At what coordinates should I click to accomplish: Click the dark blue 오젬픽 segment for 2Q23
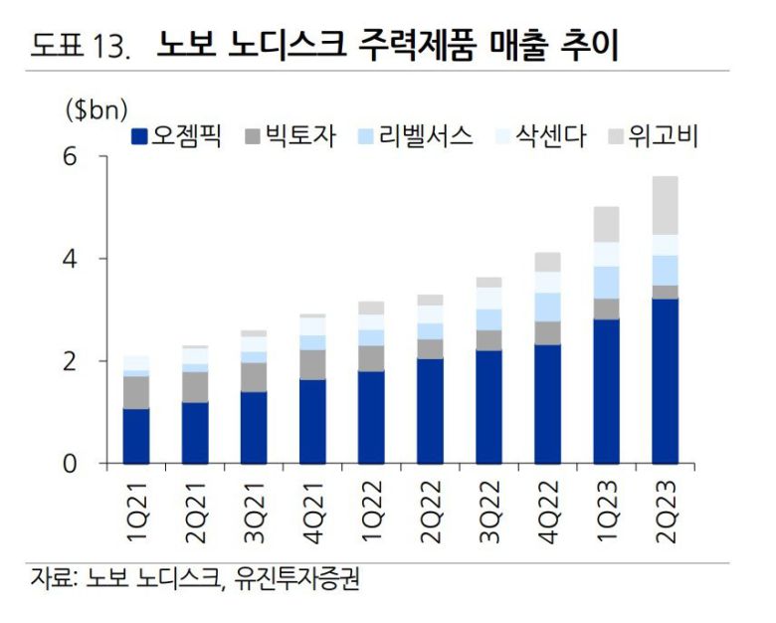(x=665, y=380)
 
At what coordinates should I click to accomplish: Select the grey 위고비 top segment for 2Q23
(x=665, y=205)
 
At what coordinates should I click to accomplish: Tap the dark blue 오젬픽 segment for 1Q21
(x=136, y=436)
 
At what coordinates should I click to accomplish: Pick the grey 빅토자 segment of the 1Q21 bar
(x=136, y=392)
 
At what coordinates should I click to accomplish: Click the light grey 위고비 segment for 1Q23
(x=606, y=224)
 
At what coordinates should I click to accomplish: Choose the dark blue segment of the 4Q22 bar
(x=547, y=403)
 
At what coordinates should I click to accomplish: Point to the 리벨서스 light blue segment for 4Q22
(x=547, y=307)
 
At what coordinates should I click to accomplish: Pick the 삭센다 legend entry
(x=534, y=135)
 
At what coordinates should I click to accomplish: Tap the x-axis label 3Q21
(x=254, y=515)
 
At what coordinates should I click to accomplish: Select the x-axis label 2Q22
(x=430, y=515)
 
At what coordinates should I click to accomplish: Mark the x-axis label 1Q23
(x=606, y=515)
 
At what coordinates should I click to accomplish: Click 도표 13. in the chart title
(x=81, y=46)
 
